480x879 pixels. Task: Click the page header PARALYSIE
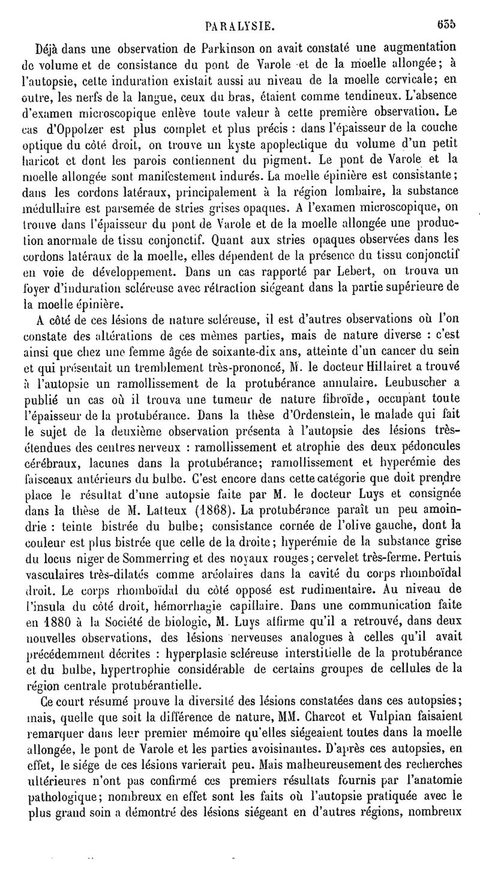[x=240, y=25]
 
